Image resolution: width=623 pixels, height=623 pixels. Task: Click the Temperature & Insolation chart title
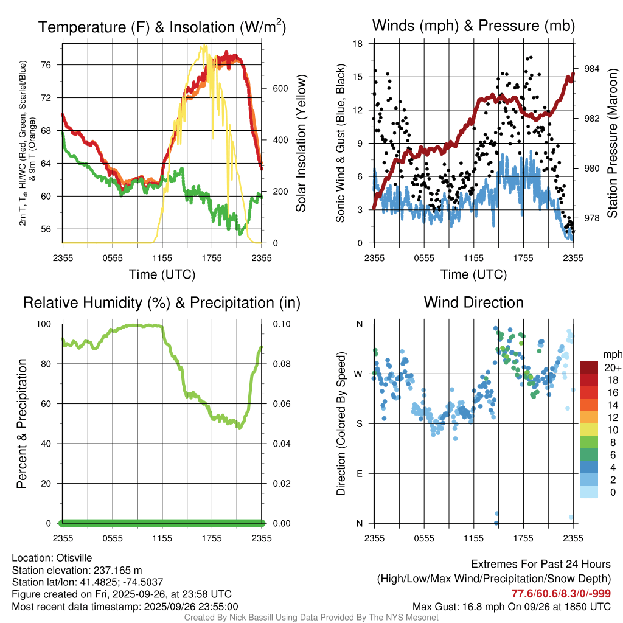162,27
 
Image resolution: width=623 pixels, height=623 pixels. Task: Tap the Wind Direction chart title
473,302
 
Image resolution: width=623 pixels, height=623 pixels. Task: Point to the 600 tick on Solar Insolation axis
279,88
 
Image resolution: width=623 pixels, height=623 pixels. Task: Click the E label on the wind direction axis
358,473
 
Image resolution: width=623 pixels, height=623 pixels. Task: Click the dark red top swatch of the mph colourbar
589,367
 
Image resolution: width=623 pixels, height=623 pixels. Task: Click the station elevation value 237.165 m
117,570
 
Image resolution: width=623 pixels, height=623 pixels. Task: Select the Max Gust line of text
511,607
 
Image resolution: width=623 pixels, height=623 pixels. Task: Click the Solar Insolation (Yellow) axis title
301,144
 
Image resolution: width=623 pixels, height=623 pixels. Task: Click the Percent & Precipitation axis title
22,423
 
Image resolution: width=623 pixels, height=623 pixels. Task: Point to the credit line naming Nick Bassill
311,618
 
